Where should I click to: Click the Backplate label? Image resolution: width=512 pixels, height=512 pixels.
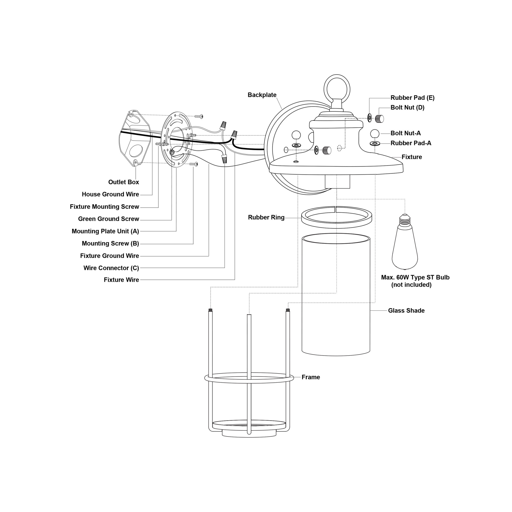click(262, 95)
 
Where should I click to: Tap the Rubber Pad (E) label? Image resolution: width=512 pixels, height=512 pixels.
click(412, 98)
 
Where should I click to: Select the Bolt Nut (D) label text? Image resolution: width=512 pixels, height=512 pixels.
click(407, 108)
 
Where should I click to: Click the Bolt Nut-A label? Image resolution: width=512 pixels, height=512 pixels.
click(406, 133)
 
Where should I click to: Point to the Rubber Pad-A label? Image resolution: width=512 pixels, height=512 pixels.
click(411, 143)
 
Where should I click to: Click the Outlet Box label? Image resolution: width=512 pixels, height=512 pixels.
click(123, 182)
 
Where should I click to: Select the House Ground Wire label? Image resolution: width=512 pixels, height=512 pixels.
click(110, 194)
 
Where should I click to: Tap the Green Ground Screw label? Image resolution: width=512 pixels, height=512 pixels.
click(108, 219)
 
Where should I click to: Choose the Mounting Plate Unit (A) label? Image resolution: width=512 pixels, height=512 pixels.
click(105, 231)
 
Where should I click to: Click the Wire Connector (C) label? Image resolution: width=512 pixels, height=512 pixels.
click(111, 268)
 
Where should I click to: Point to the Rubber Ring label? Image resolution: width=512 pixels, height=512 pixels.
click(266, 217)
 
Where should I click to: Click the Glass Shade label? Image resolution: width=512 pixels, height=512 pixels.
click(406, 311)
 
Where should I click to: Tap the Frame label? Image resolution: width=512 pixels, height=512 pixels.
click(311, 377)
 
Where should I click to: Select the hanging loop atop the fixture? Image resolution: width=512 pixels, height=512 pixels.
click(337, 89)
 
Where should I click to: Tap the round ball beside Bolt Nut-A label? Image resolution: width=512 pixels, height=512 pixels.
click(375, 134)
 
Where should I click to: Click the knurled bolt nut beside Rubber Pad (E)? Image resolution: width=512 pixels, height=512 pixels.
click(379, 119)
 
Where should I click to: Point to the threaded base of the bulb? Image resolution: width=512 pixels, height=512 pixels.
click(405, 220)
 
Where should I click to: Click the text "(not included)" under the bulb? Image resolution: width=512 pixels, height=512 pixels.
click(411, 285)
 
